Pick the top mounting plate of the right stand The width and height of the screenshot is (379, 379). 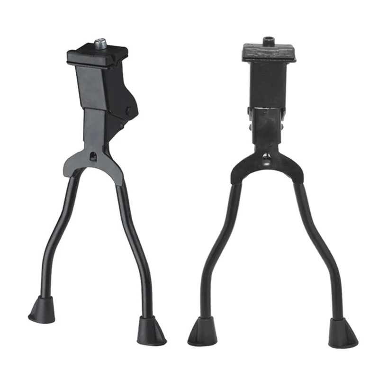coord(269,52)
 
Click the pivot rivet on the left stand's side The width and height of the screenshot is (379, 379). coord(128,111)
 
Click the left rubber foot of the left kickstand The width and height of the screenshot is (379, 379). coord(42,310)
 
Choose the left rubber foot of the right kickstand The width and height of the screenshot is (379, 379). coord(203,332)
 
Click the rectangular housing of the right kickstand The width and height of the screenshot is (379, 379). coord(268,85)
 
